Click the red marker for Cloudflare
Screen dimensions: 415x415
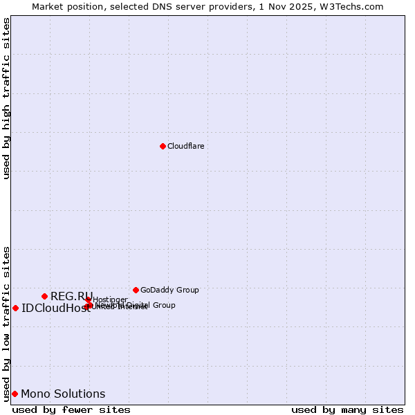tap(163, 146)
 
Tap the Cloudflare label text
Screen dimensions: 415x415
tap(185, 146)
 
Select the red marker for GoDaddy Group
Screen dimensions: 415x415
tap(136, 290)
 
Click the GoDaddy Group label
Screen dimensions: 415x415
tap(169, 290)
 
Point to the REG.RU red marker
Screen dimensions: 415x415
tap(44, 296)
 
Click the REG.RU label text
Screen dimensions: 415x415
tap(71, 296)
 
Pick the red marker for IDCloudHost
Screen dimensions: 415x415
tap(15, 308)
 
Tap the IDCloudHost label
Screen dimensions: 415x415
tap(55, 308)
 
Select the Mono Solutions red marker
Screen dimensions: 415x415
tap(15, 394)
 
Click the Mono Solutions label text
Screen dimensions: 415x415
tap(63, 394)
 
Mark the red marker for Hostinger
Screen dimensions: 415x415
tap(88, 299)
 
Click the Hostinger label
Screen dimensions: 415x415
tap(110, 299)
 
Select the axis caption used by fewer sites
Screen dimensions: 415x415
tap(71, 410)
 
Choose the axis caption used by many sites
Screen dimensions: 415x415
tap(347, 410)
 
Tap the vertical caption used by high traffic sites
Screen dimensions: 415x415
tap(6, 98)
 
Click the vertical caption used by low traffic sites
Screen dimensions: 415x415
tap(6, 323)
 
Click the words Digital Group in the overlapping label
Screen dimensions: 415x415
tap(150, 305)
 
